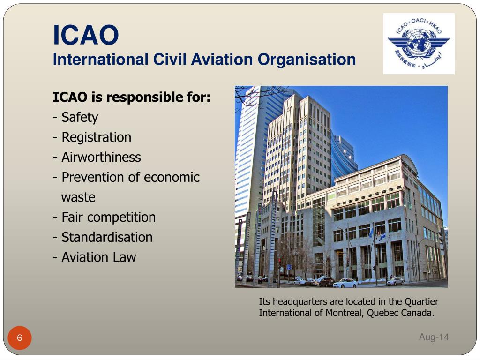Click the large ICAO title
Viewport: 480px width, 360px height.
click(86, 35)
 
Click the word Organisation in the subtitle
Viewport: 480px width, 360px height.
click(307, 60)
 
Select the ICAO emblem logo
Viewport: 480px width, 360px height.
click(419, 44)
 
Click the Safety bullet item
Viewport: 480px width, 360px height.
click(75, 117)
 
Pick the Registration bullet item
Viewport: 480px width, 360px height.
click(92, 137)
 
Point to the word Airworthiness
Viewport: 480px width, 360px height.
click(101, 157)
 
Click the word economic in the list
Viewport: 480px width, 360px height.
click(172, 177)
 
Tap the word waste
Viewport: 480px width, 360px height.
click(78, 197)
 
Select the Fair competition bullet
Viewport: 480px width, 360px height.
click(105, 217)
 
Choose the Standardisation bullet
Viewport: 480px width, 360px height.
click(103, 237)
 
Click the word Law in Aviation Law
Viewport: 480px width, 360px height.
click(125, 257)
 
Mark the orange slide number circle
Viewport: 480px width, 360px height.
click(20, 337)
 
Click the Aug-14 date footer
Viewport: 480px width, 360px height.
click(434, 337)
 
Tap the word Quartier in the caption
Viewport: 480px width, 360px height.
click(421, 301)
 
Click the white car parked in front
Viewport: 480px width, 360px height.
click(345, 283)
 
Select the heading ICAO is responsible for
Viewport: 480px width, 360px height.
click(132, 97)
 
